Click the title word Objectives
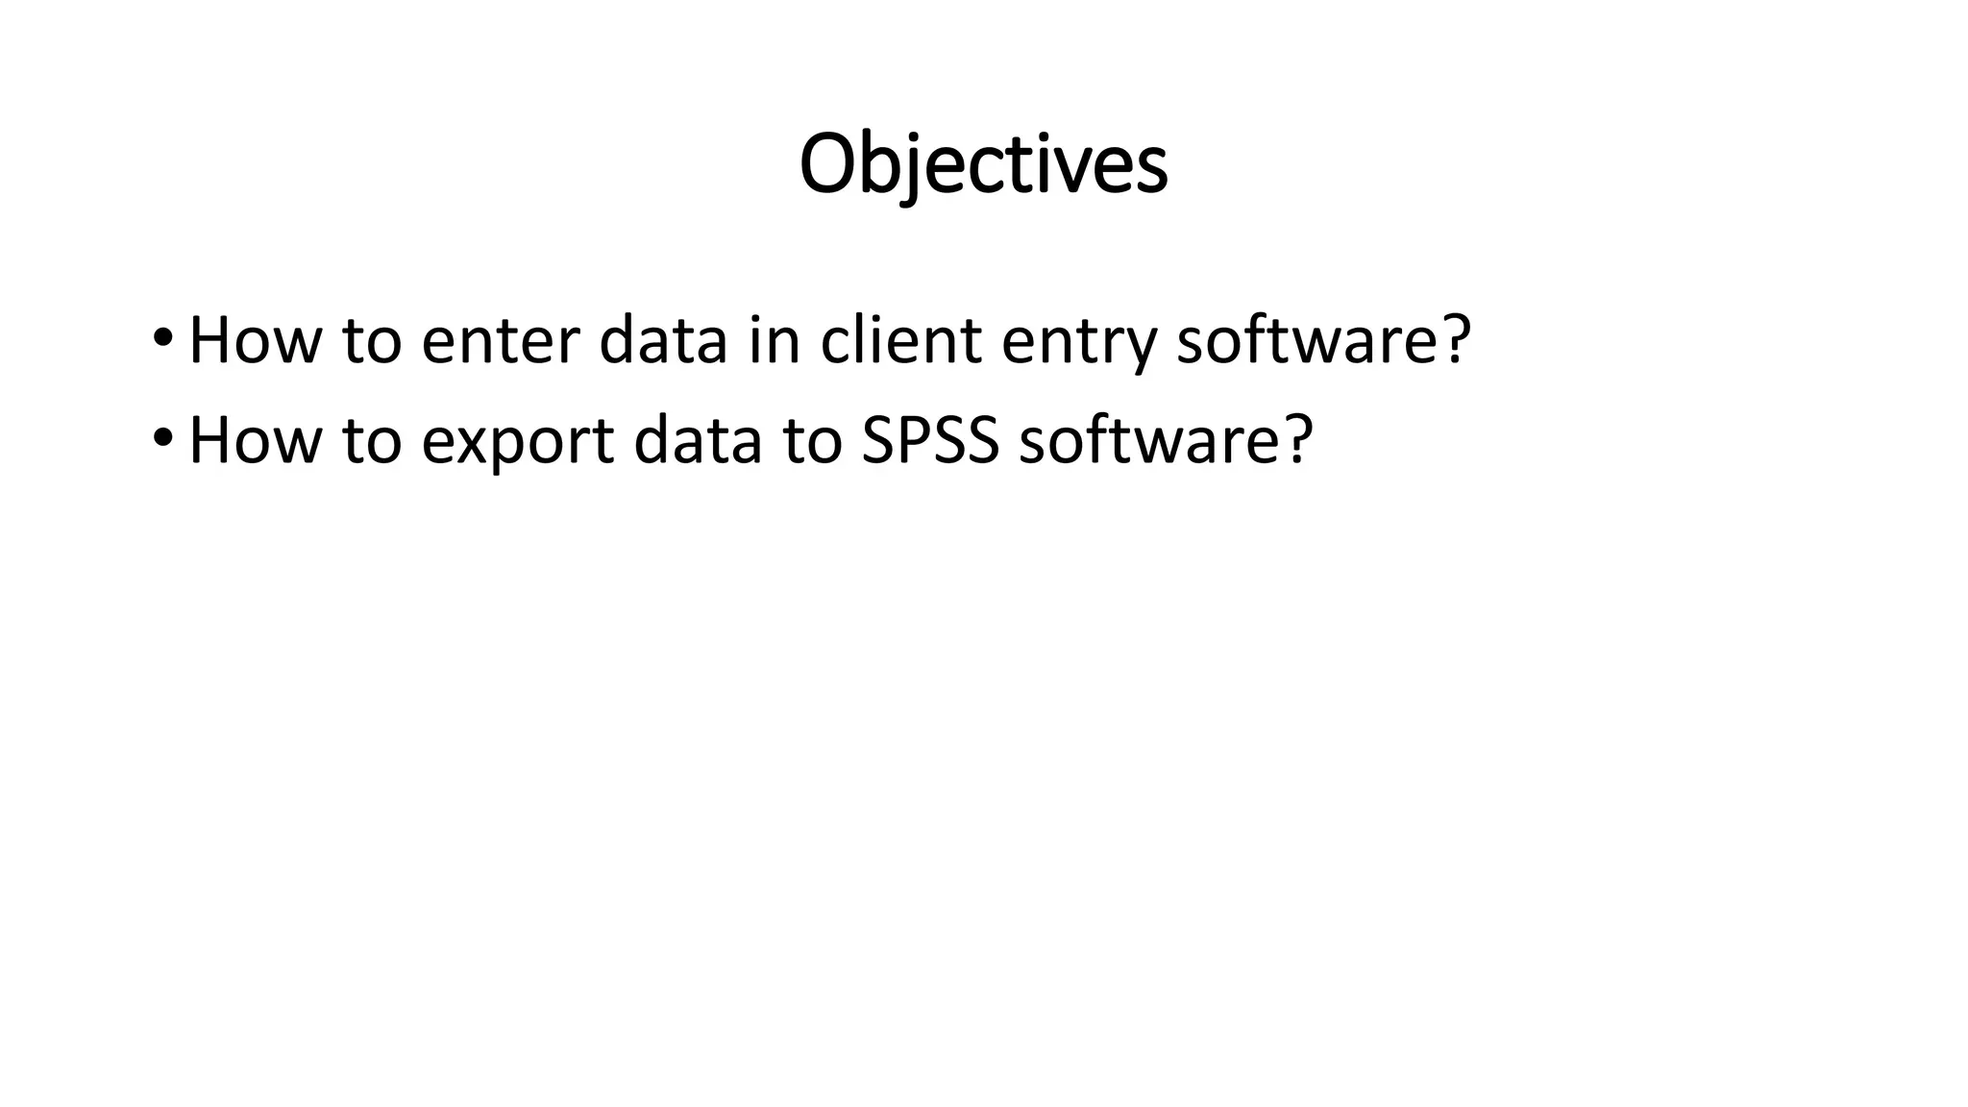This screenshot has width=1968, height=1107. (983, 165)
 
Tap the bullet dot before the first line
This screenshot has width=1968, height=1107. (162, 338)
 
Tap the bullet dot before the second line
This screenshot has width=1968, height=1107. (162, 438)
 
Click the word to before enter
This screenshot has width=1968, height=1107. (371, 342)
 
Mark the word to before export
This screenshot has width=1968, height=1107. (371, 442)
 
